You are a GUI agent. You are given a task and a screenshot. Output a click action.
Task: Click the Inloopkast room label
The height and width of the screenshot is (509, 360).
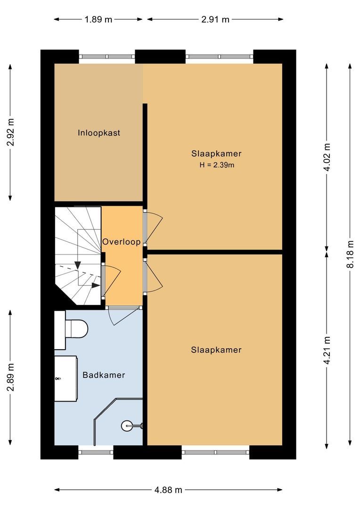click(x=99, y=133)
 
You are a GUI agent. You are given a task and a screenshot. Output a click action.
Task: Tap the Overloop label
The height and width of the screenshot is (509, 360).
click(x=122, y=242)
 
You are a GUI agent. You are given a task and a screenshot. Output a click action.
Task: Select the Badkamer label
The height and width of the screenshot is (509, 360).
click(x=104, y=375)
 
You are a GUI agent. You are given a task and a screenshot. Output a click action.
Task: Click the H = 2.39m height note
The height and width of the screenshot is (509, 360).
click(x=216, y=165)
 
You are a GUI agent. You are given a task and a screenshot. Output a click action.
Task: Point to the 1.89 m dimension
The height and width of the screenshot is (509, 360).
click(x=98, y=19)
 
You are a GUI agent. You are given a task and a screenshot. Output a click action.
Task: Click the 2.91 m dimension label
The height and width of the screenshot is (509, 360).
click(x=215, y=19)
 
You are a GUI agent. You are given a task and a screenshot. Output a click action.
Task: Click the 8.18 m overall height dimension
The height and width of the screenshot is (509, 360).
click(x=350, y=254)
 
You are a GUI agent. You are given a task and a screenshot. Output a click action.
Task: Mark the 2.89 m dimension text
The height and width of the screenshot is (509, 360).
click(x=10, y=377)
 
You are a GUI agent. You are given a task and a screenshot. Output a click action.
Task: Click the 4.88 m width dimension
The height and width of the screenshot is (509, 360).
click(x=168, y=490)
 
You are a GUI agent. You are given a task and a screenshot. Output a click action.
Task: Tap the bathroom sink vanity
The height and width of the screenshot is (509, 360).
click(x=65, y=378)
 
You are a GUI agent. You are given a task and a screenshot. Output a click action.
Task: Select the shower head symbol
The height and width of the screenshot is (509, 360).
click(x=127, y=426)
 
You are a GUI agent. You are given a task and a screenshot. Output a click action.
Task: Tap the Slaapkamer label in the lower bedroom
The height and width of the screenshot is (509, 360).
click(x=216, y=350)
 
